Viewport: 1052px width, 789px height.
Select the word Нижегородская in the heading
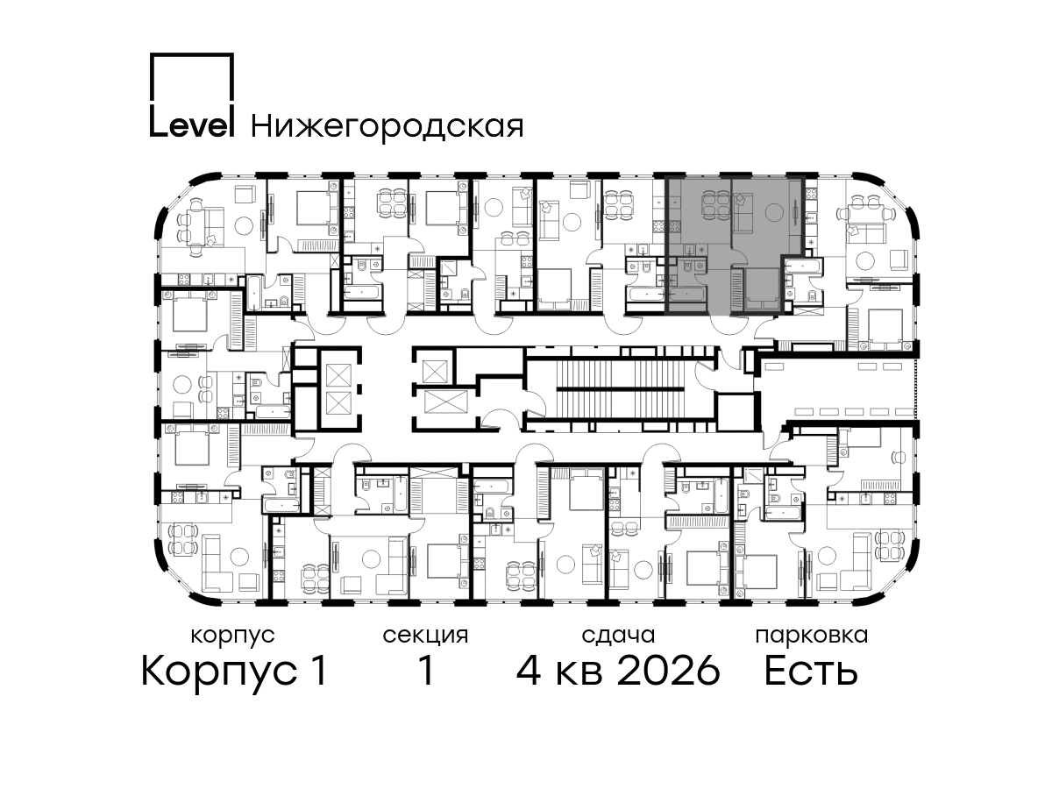pyautogui.click(x=387, y=126)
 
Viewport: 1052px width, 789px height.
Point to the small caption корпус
pyautogui.click(x=233, y=636)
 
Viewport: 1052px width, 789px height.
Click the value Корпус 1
pyautogui.click(x=234, y=672)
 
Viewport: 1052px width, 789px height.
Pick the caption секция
pyautogui.click(x=425, y=636)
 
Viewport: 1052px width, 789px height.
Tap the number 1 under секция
pyautogui.click(x=427, y=671)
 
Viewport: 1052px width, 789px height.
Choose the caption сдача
pyautogui.click(x=618, y=636)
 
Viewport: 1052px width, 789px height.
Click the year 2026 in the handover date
pyautogui.click(x=669, y=671)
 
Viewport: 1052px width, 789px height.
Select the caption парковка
pyautogui.click(x=812, y=636)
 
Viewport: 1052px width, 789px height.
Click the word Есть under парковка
pyautogui.click(x=811, y=671)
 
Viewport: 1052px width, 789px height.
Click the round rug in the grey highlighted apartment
pyautogui.click(x=774, y=211)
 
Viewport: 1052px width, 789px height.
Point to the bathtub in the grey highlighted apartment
pyautogui.click(x=687, y=294)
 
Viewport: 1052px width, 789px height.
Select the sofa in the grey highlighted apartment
pyautogui.click(x=742, y=211)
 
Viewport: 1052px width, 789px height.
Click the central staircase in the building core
pyautogui.click(x=623, y=387)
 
